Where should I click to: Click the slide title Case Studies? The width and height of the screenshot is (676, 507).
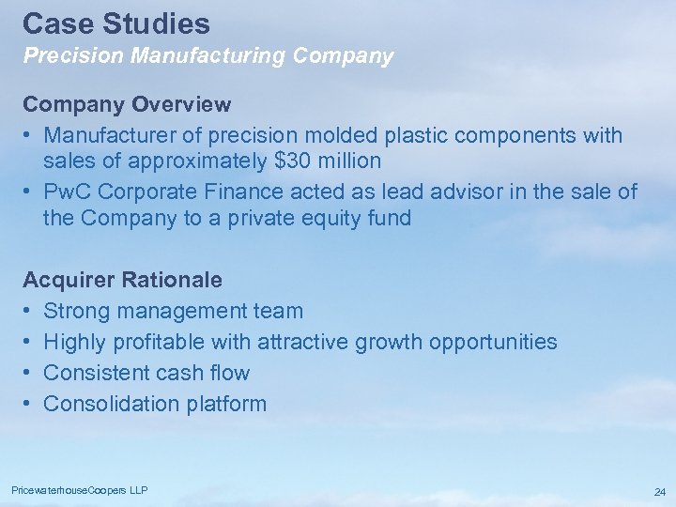tap(116, 23)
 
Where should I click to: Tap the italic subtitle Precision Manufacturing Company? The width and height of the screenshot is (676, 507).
tap(207, 56)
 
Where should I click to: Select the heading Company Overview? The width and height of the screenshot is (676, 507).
tap(127, 102)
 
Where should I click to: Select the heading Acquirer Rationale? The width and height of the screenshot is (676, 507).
tap(122, 280)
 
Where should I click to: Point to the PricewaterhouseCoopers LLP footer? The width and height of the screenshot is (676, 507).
tap(79, 491)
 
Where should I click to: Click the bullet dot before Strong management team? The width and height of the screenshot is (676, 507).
tap(28, 311)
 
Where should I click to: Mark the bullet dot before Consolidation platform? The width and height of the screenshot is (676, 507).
tap(28, 404)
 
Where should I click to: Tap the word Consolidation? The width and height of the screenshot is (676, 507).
tap(110, 404)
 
